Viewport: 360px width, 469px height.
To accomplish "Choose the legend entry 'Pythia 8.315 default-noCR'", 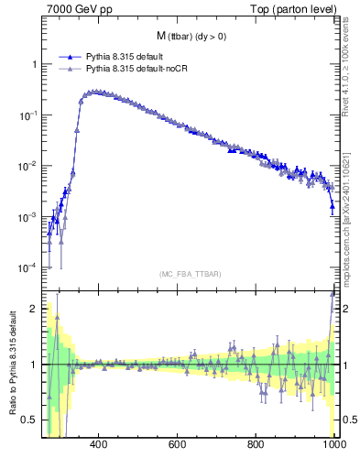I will [x=141, y=68].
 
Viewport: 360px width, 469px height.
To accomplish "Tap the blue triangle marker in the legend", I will [x=70, y=56].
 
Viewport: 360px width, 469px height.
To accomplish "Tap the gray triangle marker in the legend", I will [x=70, y=68].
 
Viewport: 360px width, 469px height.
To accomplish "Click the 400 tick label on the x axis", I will [x=100, y=446].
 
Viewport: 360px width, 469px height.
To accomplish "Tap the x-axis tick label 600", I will [x=178, y=446].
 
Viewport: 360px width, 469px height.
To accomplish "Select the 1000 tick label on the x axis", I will [x=333, y=446].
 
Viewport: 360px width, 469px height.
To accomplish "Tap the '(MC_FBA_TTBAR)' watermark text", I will [x=191, y=274].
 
